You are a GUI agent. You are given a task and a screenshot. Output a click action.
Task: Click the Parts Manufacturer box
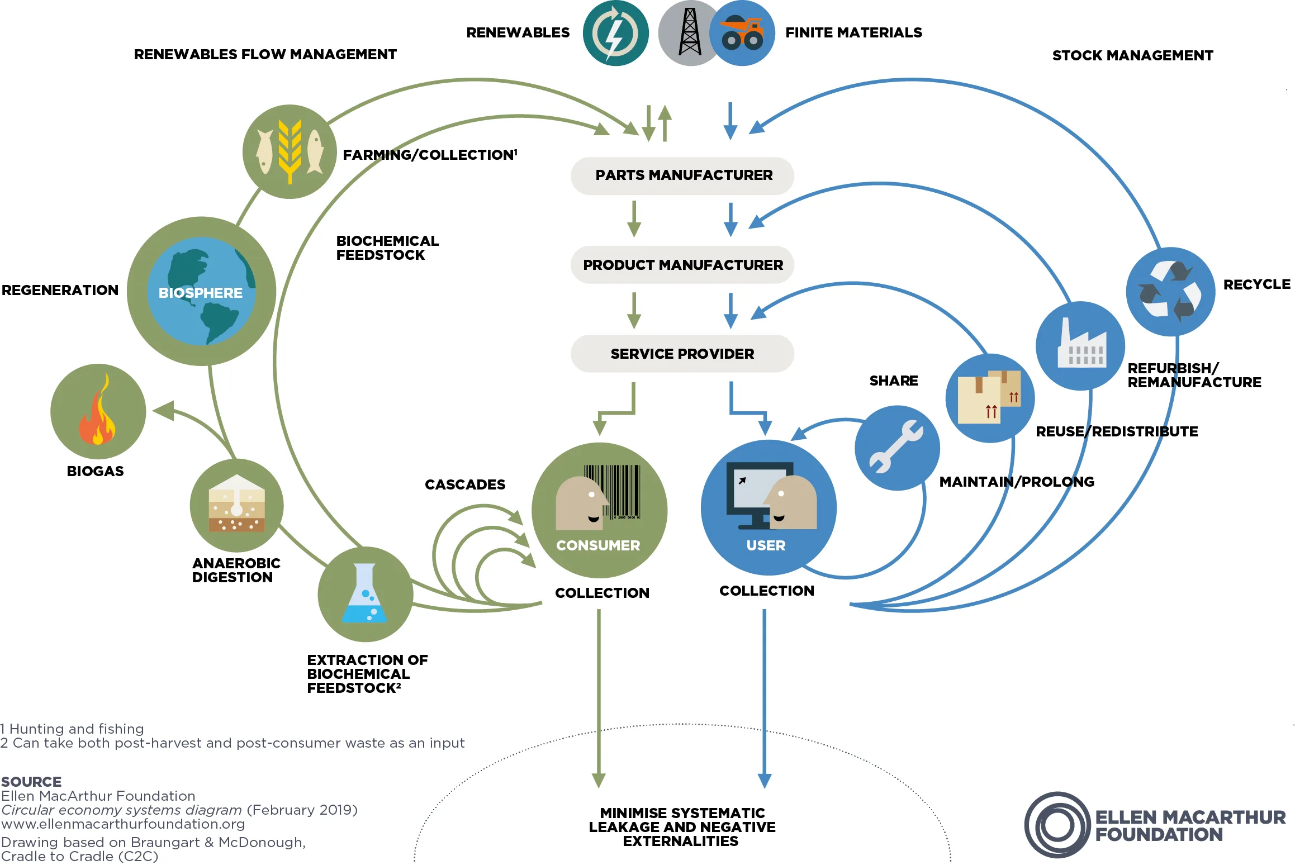[x=682, y=175]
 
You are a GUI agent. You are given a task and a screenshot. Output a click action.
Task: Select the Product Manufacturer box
[x=682, y=265]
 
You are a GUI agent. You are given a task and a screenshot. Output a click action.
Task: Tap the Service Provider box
[x=682, y=354]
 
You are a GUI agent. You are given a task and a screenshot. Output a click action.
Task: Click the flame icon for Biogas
[x=98, y=412]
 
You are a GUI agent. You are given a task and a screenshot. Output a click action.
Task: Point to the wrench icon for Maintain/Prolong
[x=896, y=447]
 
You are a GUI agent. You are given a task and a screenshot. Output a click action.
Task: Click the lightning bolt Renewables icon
[x=615, y=34]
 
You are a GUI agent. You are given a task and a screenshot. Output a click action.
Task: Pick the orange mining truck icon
[x=742, y=34]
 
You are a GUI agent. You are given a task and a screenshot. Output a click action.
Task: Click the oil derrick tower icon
[x=690, y=32]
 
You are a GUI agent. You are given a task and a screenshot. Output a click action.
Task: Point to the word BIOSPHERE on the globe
[x=200, y=293]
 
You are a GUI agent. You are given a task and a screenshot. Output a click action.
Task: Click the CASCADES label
[x=464, y=484]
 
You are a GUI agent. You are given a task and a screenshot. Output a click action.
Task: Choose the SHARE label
[x=893, y=381]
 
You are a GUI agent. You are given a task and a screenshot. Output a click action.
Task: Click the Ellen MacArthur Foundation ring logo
[x=1057, y=825]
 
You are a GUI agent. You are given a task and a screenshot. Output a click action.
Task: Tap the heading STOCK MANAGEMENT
[x=1132, y=55]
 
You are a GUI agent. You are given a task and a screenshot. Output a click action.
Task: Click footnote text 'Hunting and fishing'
[x=77, y=729]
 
